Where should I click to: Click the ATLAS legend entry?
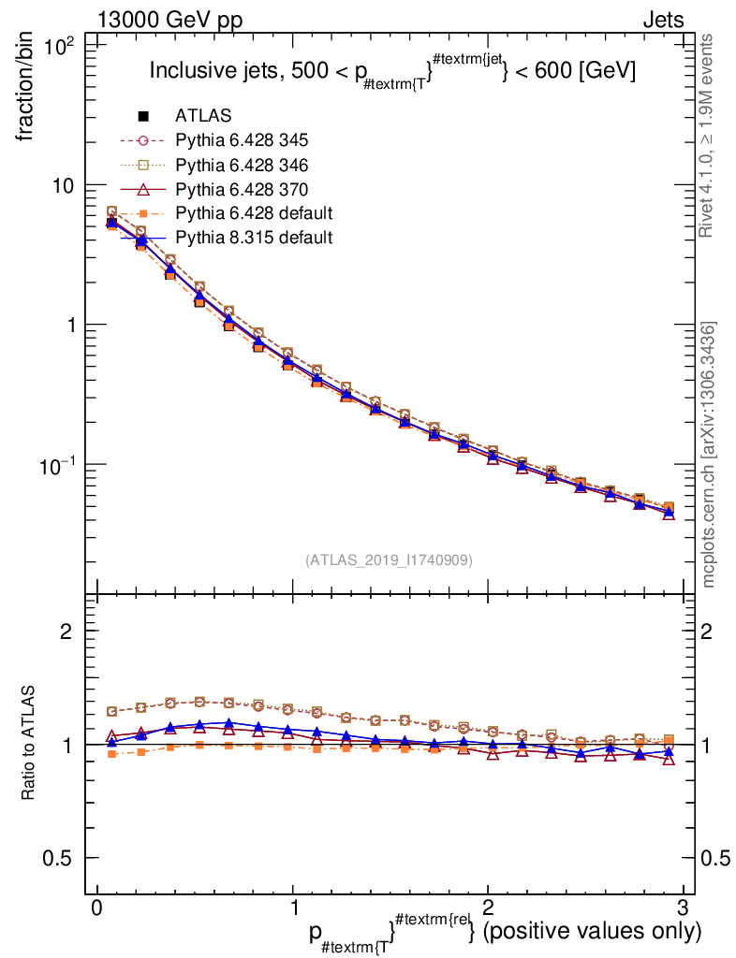tap(203, 116)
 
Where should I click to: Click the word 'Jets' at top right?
tap(663, 20)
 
